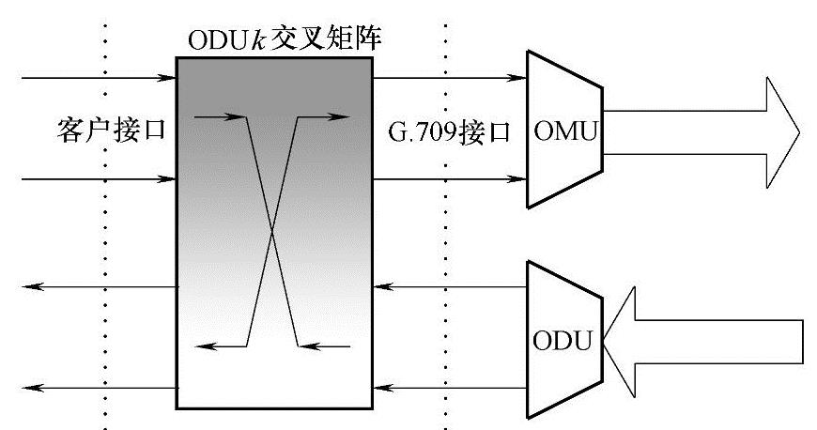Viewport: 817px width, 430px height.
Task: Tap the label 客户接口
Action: pyautogui.click(x=111, y=130)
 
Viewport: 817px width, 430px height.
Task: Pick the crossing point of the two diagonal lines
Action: pyautogui.click(x=271, y=231)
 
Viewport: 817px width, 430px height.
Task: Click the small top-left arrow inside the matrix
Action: pyautogui.click(x=218, y=117)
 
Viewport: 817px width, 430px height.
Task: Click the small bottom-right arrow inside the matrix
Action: pyautogui.click(x=325, y=346)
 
